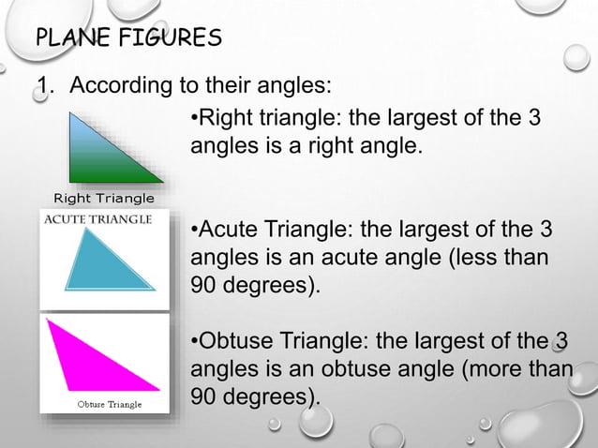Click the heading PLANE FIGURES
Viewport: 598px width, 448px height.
point(128,38)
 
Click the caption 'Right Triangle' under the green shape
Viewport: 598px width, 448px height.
point(103,198)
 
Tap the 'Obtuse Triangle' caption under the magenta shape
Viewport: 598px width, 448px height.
point(109,404)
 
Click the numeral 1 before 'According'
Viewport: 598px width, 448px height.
point(42,87)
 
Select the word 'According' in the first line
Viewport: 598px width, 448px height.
point(117,87)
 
